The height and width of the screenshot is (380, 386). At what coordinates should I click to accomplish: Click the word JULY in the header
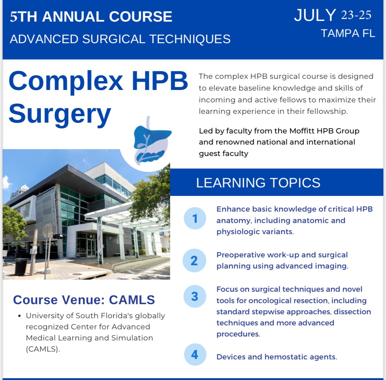pyautogui.click(x=315, y=15)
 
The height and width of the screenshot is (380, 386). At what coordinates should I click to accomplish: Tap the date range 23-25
pyautogui.click(x=356, y=15)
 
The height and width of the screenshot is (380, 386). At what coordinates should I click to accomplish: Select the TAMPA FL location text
pyautogui.click(x=347, y=33)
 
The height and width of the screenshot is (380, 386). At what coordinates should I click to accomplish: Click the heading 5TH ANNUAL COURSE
pyautogui.click(x=91, y=17)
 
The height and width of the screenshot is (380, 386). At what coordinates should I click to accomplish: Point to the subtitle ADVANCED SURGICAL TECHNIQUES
pyautogui.click(x=120, y=39)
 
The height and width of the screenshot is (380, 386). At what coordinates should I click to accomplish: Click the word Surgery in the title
pyautogui.click(x=60, y=113)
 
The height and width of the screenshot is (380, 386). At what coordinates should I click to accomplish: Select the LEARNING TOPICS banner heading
pyautogui.click(x=258, y=183)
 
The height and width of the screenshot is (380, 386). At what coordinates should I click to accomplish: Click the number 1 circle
pyautogui.click(x=195, y=218)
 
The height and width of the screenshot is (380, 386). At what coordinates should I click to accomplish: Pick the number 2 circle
pyautogui.click(x=194, y=260)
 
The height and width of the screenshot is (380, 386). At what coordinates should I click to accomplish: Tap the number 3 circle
pyautogui.click(x=194, y=296)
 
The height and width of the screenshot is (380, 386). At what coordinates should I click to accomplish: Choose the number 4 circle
pyautogui.click(x=195, y=354)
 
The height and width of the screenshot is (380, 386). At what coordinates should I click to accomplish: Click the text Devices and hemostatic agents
pyautogui.click(x=276, y=357)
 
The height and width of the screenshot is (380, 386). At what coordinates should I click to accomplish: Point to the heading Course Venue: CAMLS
pyautogui.click(x=84, y=300)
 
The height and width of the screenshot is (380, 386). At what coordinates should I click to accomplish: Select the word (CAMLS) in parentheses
pyautogui.click(x=43, y=349)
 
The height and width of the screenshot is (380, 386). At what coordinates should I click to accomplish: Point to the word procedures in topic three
pyautogui.click(x=238, y=334)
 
